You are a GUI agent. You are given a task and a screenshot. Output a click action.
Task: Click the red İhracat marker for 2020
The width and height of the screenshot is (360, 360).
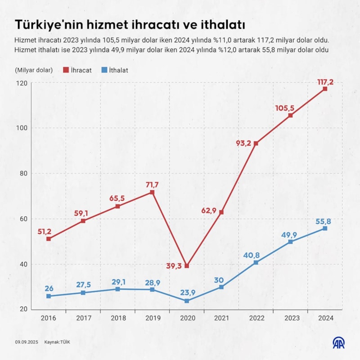click(187, 266)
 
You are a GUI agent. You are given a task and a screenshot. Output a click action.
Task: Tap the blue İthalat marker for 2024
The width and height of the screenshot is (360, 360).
click(325, 229)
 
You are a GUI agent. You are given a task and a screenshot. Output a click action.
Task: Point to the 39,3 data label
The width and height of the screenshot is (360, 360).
click(174, 266)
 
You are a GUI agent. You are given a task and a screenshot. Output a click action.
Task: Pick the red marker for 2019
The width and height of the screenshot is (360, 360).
click(152, 193)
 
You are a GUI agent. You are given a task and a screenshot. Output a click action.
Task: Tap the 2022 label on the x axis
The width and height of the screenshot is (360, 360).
click(256, 318)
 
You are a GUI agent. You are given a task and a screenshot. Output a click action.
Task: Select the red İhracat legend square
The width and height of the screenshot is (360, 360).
click(66, 70)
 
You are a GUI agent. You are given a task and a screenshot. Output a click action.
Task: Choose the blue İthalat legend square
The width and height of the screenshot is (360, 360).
click(103, 70)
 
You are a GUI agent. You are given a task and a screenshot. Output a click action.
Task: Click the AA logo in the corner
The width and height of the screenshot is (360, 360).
click(338, 342)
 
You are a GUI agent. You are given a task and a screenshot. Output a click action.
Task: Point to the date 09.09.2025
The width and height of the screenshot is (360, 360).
click(26, 342)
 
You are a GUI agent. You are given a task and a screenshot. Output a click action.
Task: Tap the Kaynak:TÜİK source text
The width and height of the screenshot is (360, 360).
click(57, 342)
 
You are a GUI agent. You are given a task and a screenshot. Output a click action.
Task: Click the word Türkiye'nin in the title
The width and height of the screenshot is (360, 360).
click(45, 24)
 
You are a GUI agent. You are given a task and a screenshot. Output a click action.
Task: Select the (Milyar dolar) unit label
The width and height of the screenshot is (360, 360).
click(34, 70)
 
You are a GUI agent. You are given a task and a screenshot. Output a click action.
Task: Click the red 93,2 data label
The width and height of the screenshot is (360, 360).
click(243, 144)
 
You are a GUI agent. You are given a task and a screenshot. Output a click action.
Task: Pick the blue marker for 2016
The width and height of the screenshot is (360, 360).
click(48, 296)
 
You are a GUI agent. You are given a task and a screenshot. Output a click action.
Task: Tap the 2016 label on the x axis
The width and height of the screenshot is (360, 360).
click(48, 318)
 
